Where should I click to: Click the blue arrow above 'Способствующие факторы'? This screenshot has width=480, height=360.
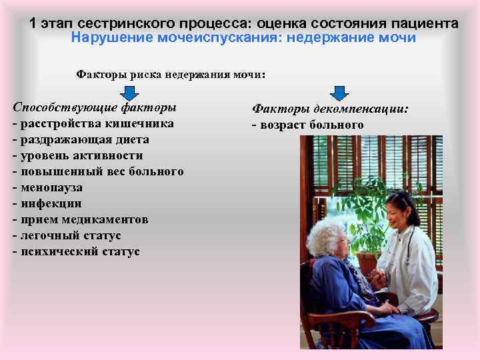click(x=127, y=93)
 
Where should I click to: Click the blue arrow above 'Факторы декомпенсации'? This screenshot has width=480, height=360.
click(x=340, y=93)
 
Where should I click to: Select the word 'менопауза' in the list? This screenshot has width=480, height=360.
click(x=48, y=188)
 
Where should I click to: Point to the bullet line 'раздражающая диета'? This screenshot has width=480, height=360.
click(x=80, y=140)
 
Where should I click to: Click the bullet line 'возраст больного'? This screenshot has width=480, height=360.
click(x=307, y=125)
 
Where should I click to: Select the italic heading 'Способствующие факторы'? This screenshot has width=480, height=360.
click(x=95, y=107)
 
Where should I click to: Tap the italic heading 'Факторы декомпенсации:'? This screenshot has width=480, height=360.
click(x=330, y=109)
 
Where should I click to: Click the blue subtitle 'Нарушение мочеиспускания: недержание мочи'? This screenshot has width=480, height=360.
click(x=243, y=38)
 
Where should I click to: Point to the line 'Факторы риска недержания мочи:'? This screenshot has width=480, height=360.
click(x=171, y=75)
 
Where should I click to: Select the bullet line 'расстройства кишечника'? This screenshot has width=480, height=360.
click(x=93, y=124)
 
